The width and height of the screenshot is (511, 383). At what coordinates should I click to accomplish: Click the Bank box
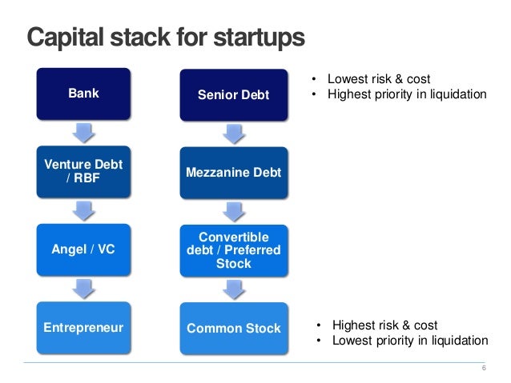[83, 94]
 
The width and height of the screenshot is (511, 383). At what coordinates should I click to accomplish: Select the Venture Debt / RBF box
[83, 170]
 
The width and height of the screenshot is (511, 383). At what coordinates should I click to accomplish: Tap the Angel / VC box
[83, 249]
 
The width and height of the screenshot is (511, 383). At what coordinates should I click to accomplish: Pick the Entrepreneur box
[83, 328]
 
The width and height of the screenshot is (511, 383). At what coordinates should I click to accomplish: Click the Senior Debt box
[233, 96]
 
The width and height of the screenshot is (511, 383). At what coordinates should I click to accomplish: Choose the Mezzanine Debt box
[233, 172]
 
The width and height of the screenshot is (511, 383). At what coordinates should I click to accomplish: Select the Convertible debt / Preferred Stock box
[233, 250]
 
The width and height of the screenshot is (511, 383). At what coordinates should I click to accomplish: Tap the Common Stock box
[233, 328]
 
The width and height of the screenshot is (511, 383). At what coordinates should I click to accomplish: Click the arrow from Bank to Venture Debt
[83, 132]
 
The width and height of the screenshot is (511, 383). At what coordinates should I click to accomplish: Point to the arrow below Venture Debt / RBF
[83, 210]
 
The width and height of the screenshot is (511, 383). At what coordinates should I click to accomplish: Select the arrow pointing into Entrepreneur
[83, 289]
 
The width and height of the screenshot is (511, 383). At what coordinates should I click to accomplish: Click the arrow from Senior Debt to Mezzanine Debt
[233, 134]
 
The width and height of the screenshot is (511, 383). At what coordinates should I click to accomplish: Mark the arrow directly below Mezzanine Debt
[233, 211]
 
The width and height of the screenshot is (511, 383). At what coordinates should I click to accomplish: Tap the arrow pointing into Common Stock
[233, 289]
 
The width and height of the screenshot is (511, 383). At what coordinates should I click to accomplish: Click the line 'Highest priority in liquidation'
[405, 94]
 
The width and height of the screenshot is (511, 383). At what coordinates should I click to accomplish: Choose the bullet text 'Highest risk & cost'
[384, 325]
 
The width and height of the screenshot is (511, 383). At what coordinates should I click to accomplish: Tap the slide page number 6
[483, 368]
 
